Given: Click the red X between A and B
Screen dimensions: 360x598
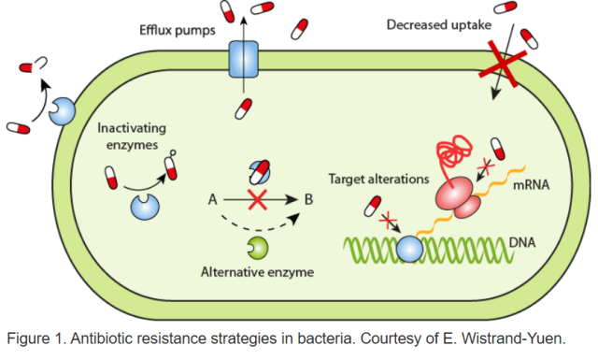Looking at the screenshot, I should point(257,199).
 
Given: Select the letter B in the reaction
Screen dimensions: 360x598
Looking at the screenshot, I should point(304,199).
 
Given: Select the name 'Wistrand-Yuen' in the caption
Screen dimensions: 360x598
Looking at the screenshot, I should point(527,337).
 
